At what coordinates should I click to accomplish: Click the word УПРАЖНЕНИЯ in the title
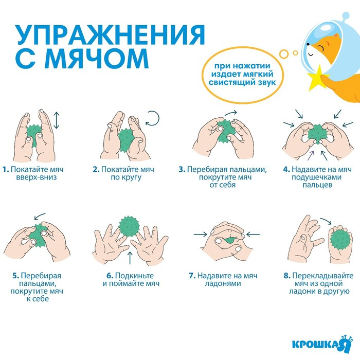109,35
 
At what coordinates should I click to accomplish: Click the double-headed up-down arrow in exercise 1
57,119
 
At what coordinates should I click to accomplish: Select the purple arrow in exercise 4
312,152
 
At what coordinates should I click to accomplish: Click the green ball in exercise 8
340,240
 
